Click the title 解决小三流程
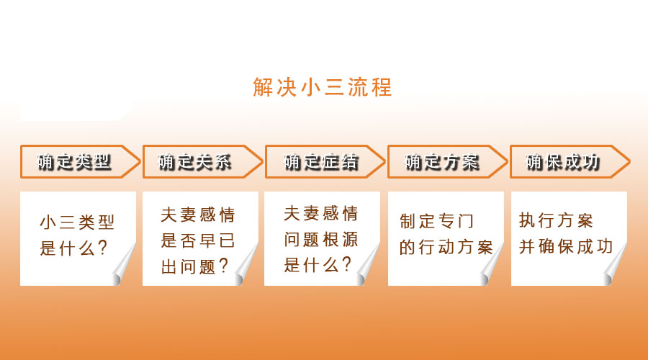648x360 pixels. [323, 87]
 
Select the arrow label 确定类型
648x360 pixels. [74, 162]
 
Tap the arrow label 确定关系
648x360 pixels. [194, 162]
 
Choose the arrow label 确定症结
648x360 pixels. [320, 162]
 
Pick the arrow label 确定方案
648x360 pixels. [442, 162]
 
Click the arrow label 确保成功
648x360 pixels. [562, 162]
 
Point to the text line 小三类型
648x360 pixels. [77, 222]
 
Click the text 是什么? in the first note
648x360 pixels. [73, 248]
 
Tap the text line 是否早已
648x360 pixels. [197, 240]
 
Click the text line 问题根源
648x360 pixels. [320, 239]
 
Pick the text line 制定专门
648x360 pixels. [436, 221]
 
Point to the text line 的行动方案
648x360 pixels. [446, 247]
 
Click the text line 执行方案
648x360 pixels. [557, 220]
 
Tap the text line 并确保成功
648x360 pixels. [566, 246]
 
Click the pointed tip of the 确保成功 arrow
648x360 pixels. [629, 161]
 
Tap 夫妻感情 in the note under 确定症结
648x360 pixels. [320, 214]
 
